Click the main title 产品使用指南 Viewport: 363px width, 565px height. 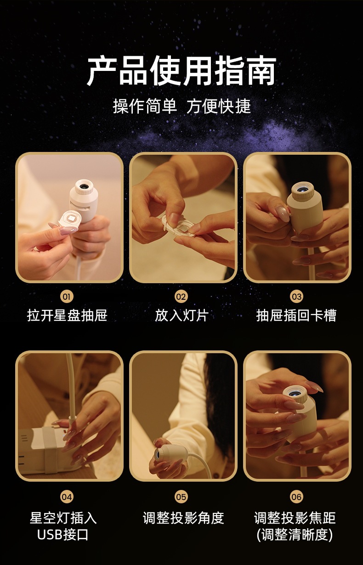[x=181, y=70]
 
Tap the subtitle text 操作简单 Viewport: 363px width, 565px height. [x=145, y=106]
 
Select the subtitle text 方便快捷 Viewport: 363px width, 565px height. [x=219, y=106]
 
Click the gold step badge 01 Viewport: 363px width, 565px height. [x=67, y=297]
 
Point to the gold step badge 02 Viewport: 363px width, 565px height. [x=181, y=297]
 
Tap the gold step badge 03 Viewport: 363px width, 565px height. [x=296, y=297]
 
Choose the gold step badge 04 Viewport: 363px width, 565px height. [x=67, y=497]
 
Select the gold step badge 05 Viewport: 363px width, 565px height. [x=181, y=497]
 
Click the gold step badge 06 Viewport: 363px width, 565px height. [x=296, y=497]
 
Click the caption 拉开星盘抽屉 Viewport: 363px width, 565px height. [x=67, y=315]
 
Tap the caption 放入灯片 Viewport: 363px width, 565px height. [x=181, y=315]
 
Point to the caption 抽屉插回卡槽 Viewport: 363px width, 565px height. [x=296, y=315]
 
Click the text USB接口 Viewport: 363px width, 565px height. [x=62, y=534]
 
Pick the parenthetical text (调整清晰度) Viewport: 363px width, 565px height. [x=295, y=534]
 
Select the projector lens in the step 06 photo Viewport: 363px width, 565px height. [x=294, y=392]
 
